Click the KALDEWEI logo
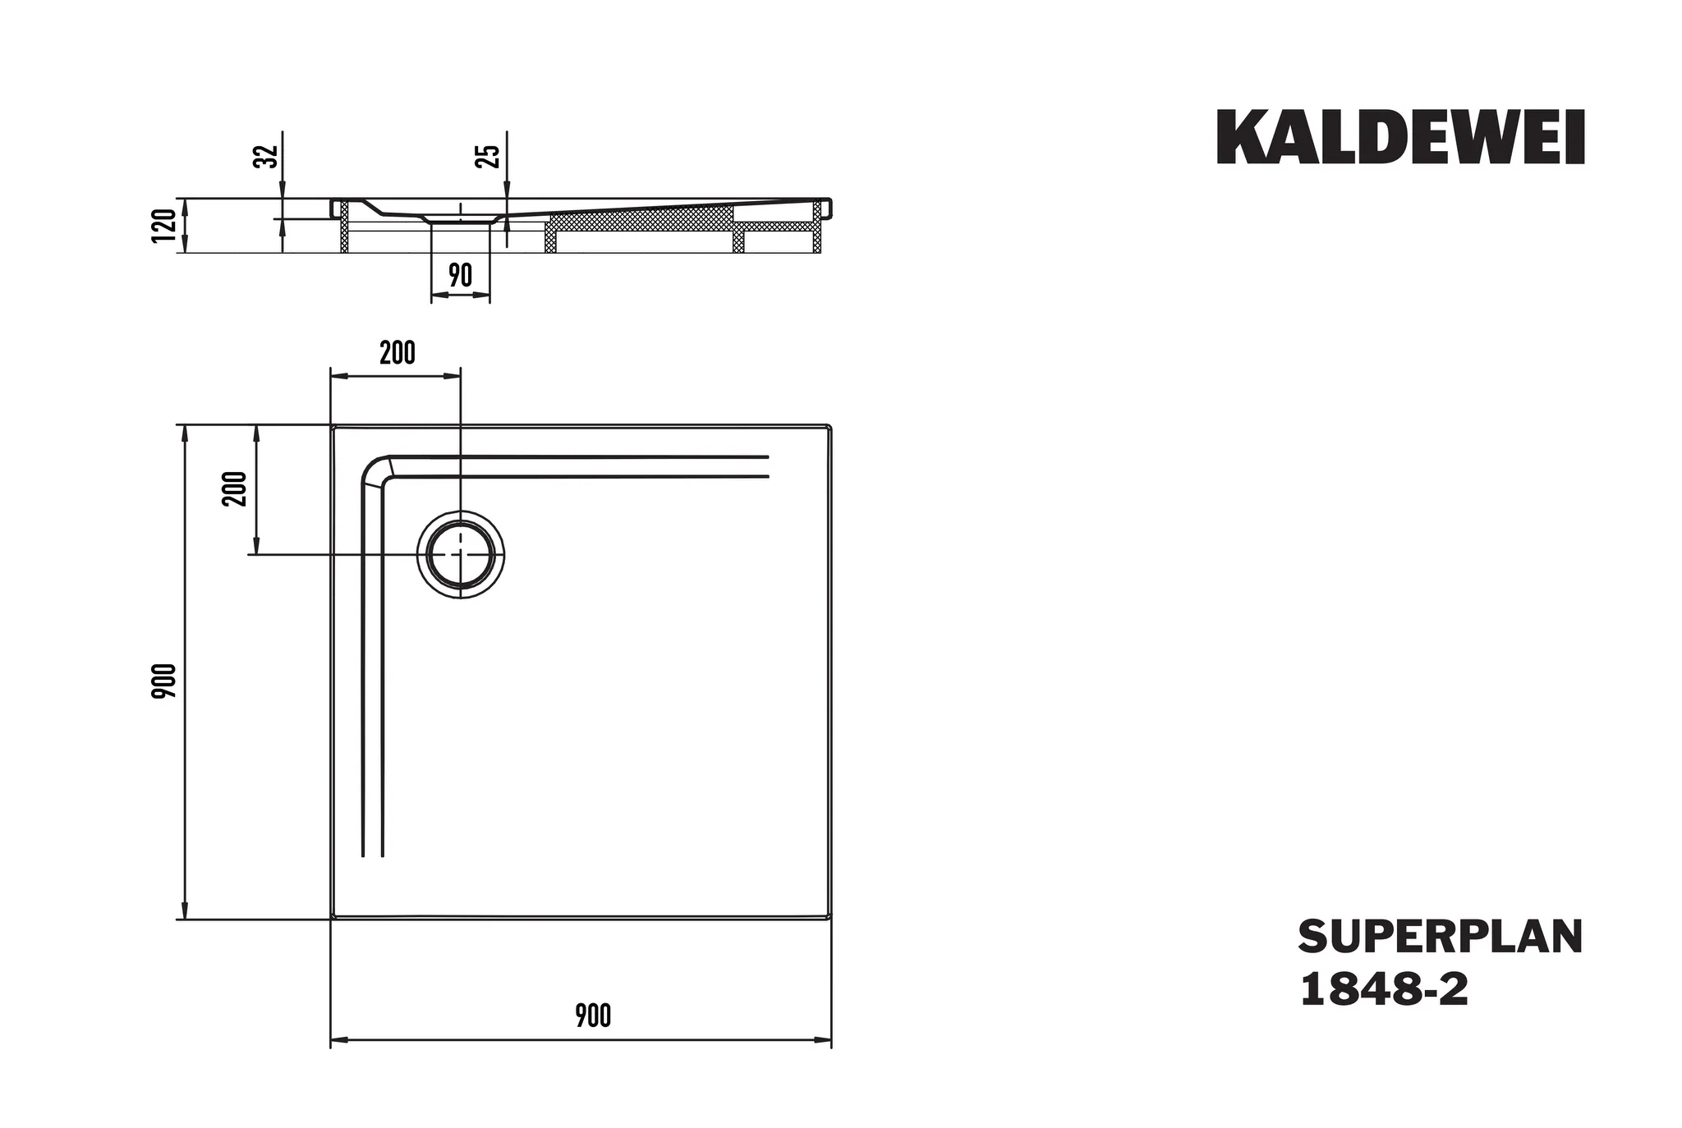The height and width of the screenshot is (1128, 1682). coord(1399,138)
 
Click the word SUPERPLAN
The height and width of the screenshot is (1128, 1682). coord(1440,938)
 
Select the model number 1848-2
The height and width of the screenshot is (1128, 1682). coord(1384,990)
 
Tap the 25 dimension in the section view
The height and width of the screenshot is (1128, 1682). coord(487,156)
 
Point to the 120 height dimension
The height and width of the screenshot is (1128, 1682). coord(164,225)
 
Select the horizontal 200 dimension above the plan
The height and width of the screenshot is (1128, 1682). coord(397,353)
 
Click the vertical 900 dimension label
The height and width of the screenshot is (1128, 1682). coord(164,681)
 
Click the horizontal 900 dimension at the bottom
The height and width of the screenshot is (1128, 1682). coord(592,1016)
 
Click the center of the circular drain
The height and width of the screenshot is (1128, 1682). coord(461,555)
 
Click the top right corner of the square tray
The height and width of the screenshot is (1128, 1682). coord(830,427)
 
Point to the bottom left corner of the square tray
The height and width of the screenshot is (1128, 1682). coord(333,917)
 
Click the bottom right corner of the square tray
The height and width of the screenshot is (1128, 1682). coord(830,917)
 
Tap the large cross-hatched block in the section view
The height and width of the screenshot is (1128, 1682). coord(641,218)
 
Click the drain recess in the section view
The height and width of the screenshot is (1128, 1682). coord(461,218)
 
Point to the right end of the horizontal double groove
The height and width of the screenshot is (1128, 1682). coord(767,466)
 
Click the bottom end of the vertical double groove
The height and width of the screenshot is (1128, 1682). coord(373,855)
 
